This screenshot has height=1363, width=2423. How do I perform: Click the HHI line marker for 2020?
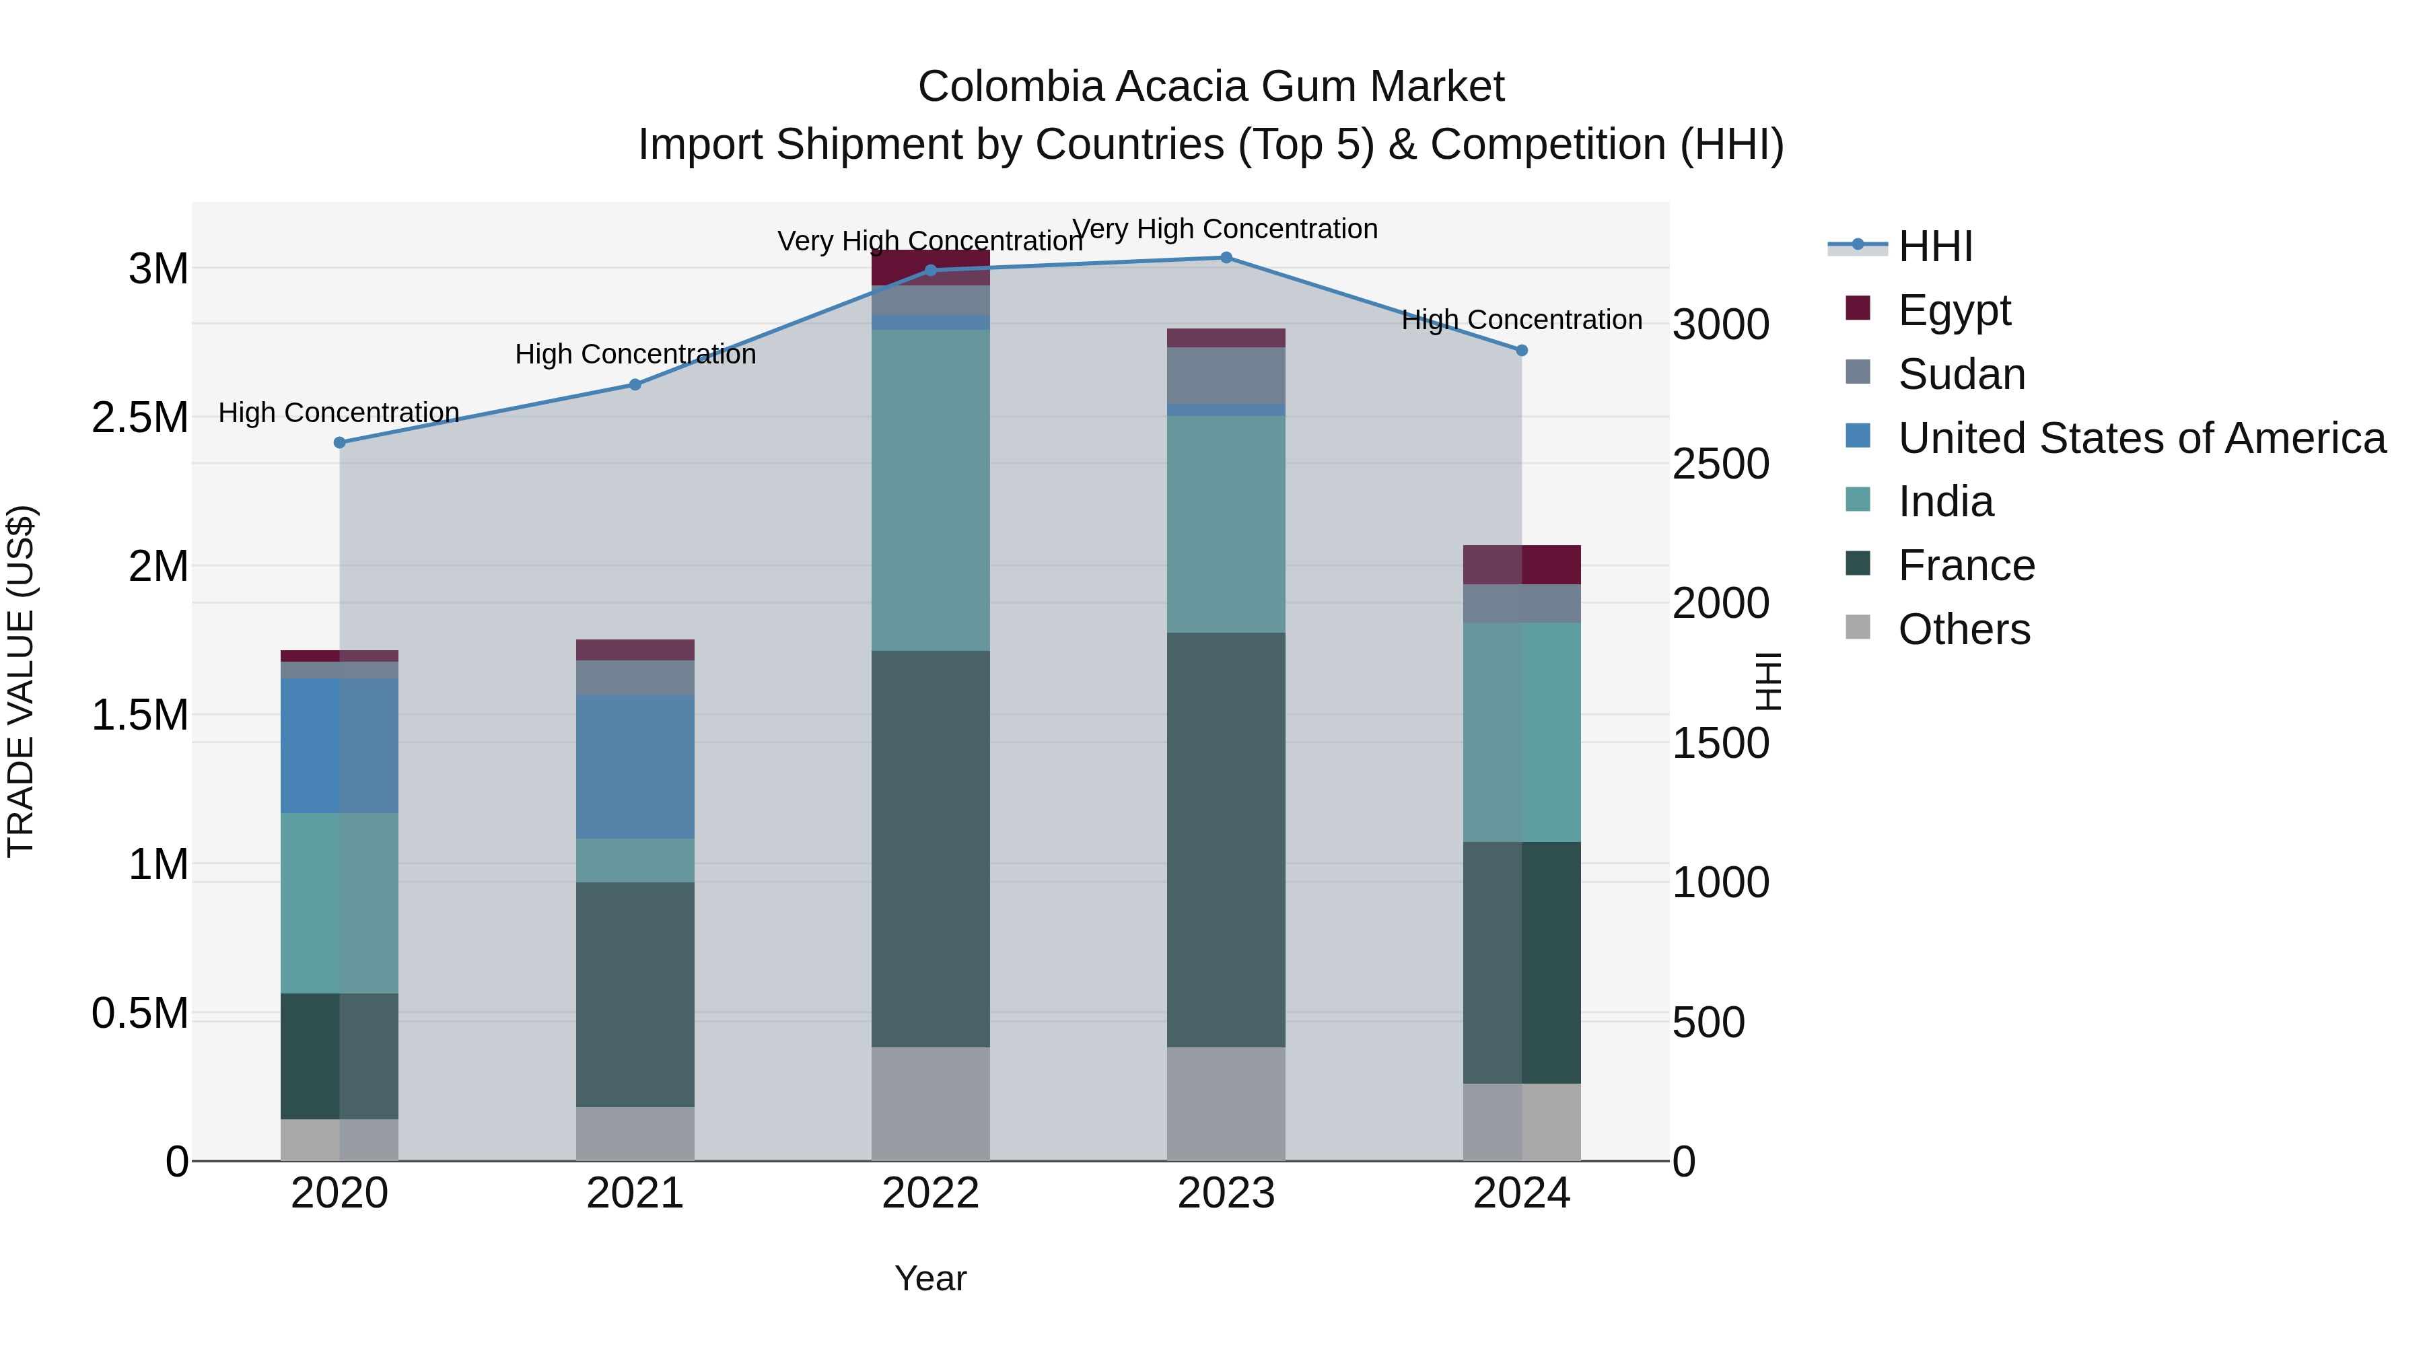pos(340,442)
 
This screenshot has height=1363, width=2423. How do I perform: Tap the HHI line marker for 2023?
pos(1226,257)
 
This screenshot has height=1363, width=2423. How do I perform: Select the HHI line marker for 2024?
pos(1521,350)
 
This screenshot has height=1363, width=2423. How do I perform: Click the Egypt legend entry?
pos(1954,310)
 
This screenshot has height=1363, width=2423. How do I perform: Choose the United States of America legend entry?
pos(2141,438)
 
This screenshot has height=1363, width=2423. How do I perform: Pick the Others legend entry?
pos(1963,629)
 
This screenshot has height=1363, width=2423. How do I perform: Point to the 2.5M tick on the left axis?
pos(139,417)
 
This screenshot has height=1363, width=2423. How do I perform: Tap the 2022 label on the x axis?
pos(930,1193)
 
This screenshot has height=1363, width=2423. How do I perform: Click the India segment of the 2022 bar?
pos(930,489)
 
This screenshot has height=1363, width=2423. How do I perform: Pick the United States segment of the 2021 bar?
pos(635,767)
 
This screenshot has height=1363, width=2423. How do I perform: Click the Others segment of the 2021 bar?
pos(635,1133)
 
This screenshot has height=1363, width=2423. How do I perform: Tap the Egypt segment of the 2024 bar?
pos(1521,565)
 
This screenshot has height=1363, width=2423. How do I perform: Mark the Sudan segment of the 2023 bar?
pos(1226,376)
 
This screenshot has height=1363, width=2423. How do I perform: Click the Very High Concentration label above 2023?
pos(1225,229)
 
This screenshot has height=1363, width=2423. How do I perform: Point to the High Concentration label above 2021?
pos(635,355)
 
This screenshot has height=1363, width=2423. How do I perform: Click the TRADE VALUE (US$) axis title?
pos(21,681)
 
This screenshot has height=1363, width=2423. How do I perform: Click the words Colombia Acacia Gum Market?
pos(1211,87)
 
